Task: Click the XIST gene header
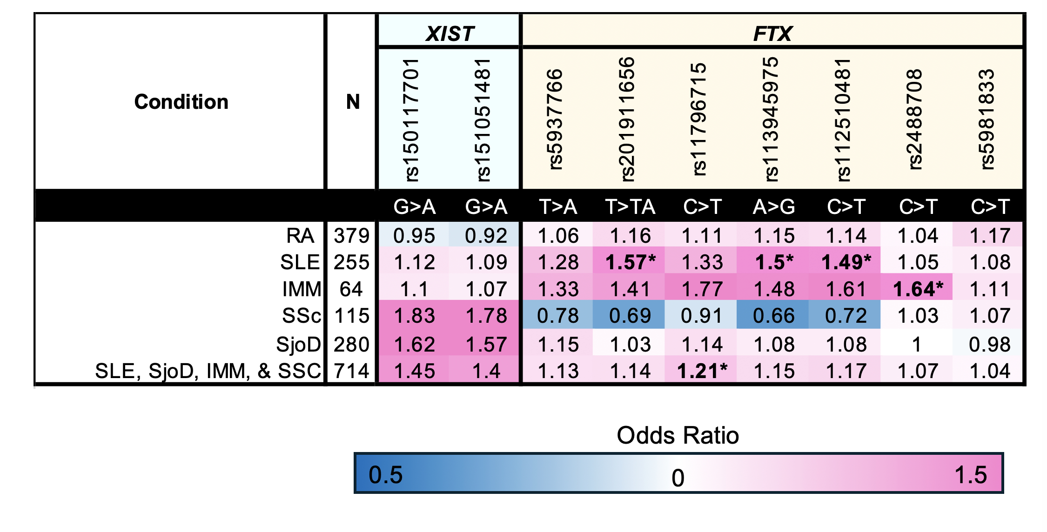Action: pos(450,33)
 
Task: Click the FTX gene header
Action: pos(772,33)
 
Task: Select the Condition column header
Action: pos(181,102)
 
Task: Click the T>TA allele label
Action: pos(630,206)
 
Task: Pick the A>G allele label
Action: pos(774,206)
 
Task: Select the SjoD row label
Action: pos(298,345)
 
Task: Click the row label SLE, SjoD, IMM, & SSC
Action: pos(208,371)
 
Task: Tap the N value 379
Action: pos(351,236)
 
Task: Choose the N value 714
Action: pos(351,371)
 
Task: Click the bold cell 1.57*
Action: pos(630,262)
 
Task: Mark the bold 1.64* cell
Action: pos(918,289)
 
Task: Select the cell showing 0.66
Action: pos(774,316)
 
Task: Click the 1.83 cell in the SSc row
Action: pos(414,316)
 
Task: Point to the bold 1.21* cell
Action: pos(702,371)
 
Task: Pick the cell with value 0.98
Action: pos(989,345)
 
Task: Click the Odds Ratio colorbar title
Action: pos(678,436)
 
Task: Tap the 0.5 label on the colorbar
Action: pos(385,475)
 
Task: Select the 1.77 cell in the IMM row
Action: pos(702,289)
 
